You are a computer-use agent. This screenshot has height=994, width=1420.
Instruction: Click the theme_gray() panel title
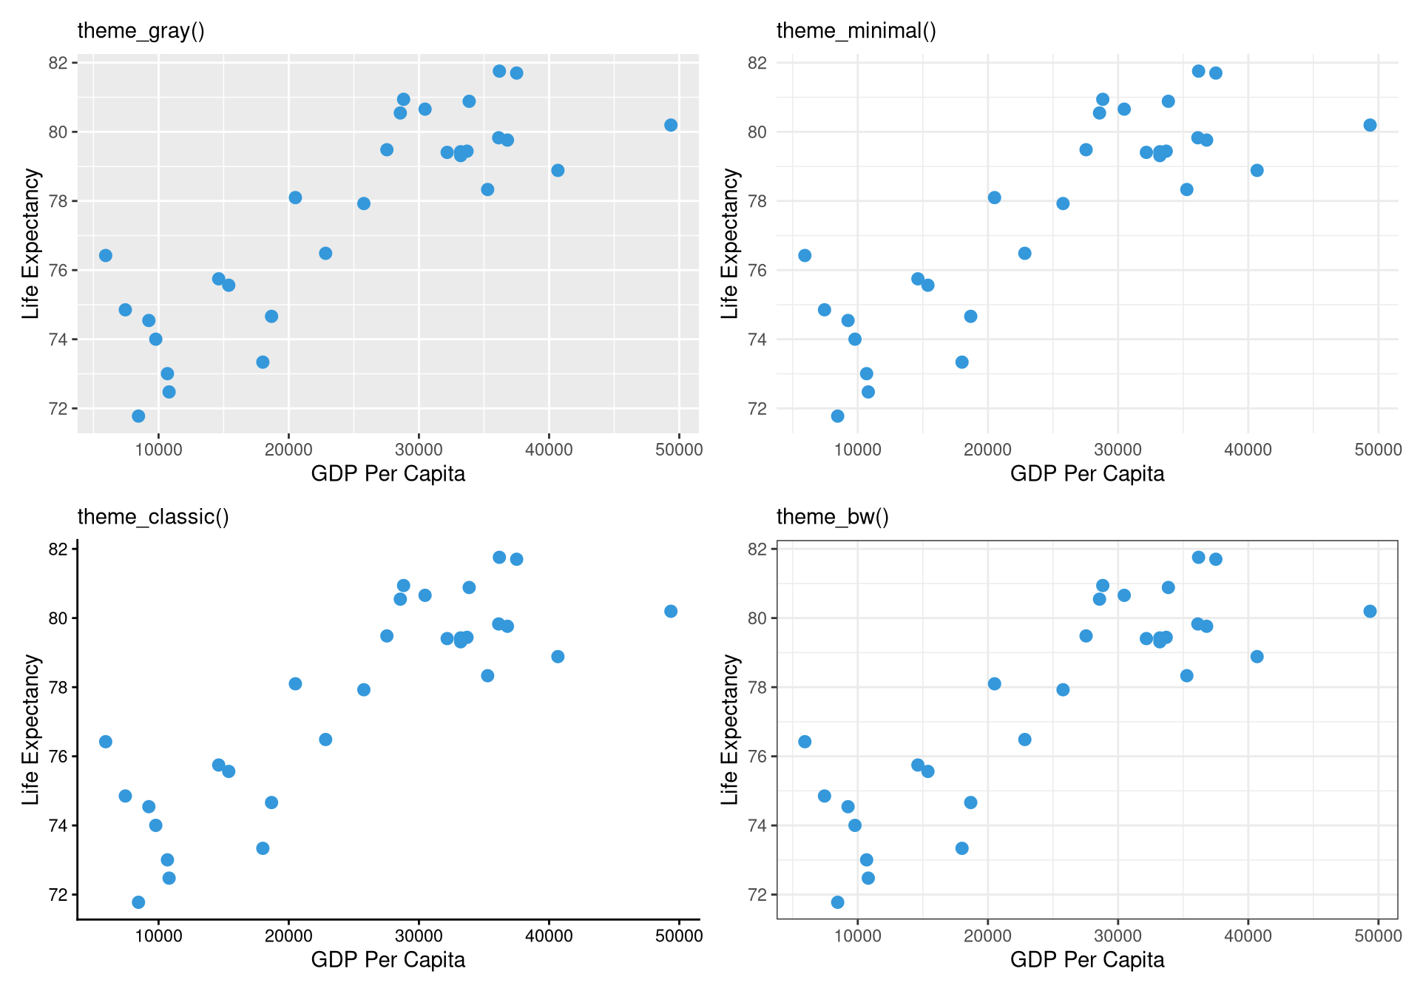click(141, 31)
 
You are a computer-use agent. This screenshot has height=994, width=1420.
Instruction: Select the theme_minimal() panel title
click(856, 31)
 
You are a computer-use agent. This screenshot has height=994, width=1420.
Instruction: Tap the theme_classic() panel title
click(153, 517)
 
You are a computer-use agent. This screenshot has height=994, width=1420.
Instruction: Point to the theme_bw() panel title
click(832, 517)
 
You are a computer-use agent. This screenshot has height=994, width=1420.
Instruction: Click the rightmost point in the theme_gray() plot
click(671, 125)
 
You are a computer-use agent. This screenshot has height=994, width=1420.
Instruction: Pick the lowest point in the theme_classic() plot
click(138, 902)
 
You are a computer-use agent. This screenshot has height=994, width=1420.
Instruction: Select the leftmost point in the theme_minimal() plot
click(805, 256)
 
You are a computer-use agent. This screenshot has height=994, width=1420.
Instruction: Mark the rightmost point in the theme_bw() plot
click(1370, 612)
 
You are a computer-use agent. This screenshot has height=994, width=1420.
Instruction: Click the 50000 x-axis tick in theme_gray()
click(678, 450)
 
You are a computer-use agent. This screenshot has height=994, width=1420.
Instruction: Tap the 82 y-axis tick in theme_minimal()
click(757, 63)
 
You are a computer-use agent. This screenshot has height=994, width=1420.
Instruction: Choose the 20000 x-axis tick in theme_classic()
click(288, 936)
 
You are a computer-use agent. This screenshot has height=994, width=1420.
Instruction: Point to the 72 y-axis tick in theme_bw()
click(757, 895)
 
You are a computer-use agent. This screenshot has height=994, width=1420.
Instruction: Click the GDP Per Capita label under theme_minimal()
click(1087, 474)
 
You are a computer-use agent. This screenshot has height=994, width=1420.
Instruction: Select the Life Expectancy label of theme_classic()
click(30, 730)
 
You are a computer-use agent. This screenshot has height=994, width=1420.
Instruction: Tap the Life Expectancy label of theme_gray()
click(30, 244)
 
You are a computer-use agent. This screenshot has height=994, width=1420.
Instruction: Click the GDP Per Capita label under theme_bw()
click(1087, 960)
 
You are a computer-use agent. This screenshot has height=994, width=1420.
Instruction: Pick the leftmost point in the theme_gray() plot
click(106, 256)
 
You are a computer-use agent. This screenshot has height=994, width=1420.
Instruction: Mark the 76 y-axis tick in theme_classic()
click(58, 757)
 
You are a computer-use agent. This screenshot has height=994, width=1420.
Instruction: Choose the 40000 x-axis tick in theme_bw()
click(1248, 936)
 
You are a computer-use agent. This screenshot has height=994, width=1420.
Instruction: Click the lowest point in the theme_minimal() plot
click(837, 416)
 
